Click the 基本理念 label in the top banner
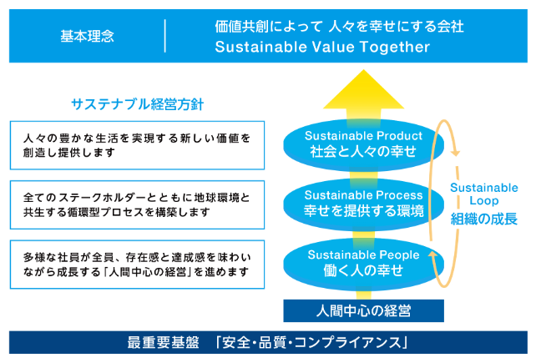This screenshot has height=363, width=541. pos(88,37)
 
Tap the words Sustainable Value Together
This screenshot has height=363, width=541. pos(322,48)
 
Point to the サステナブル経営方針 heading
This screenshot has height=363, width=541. pos(137,105)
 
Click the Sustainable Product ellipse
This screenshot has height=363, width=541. pos(358,143)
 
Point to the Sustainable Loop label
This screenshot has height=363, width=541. pos(483,194)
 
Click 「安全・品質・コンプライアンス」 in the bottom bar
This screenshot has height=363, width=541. pos(310,342)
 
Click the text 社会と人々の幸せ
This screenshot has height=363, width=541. pos(358,152)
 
